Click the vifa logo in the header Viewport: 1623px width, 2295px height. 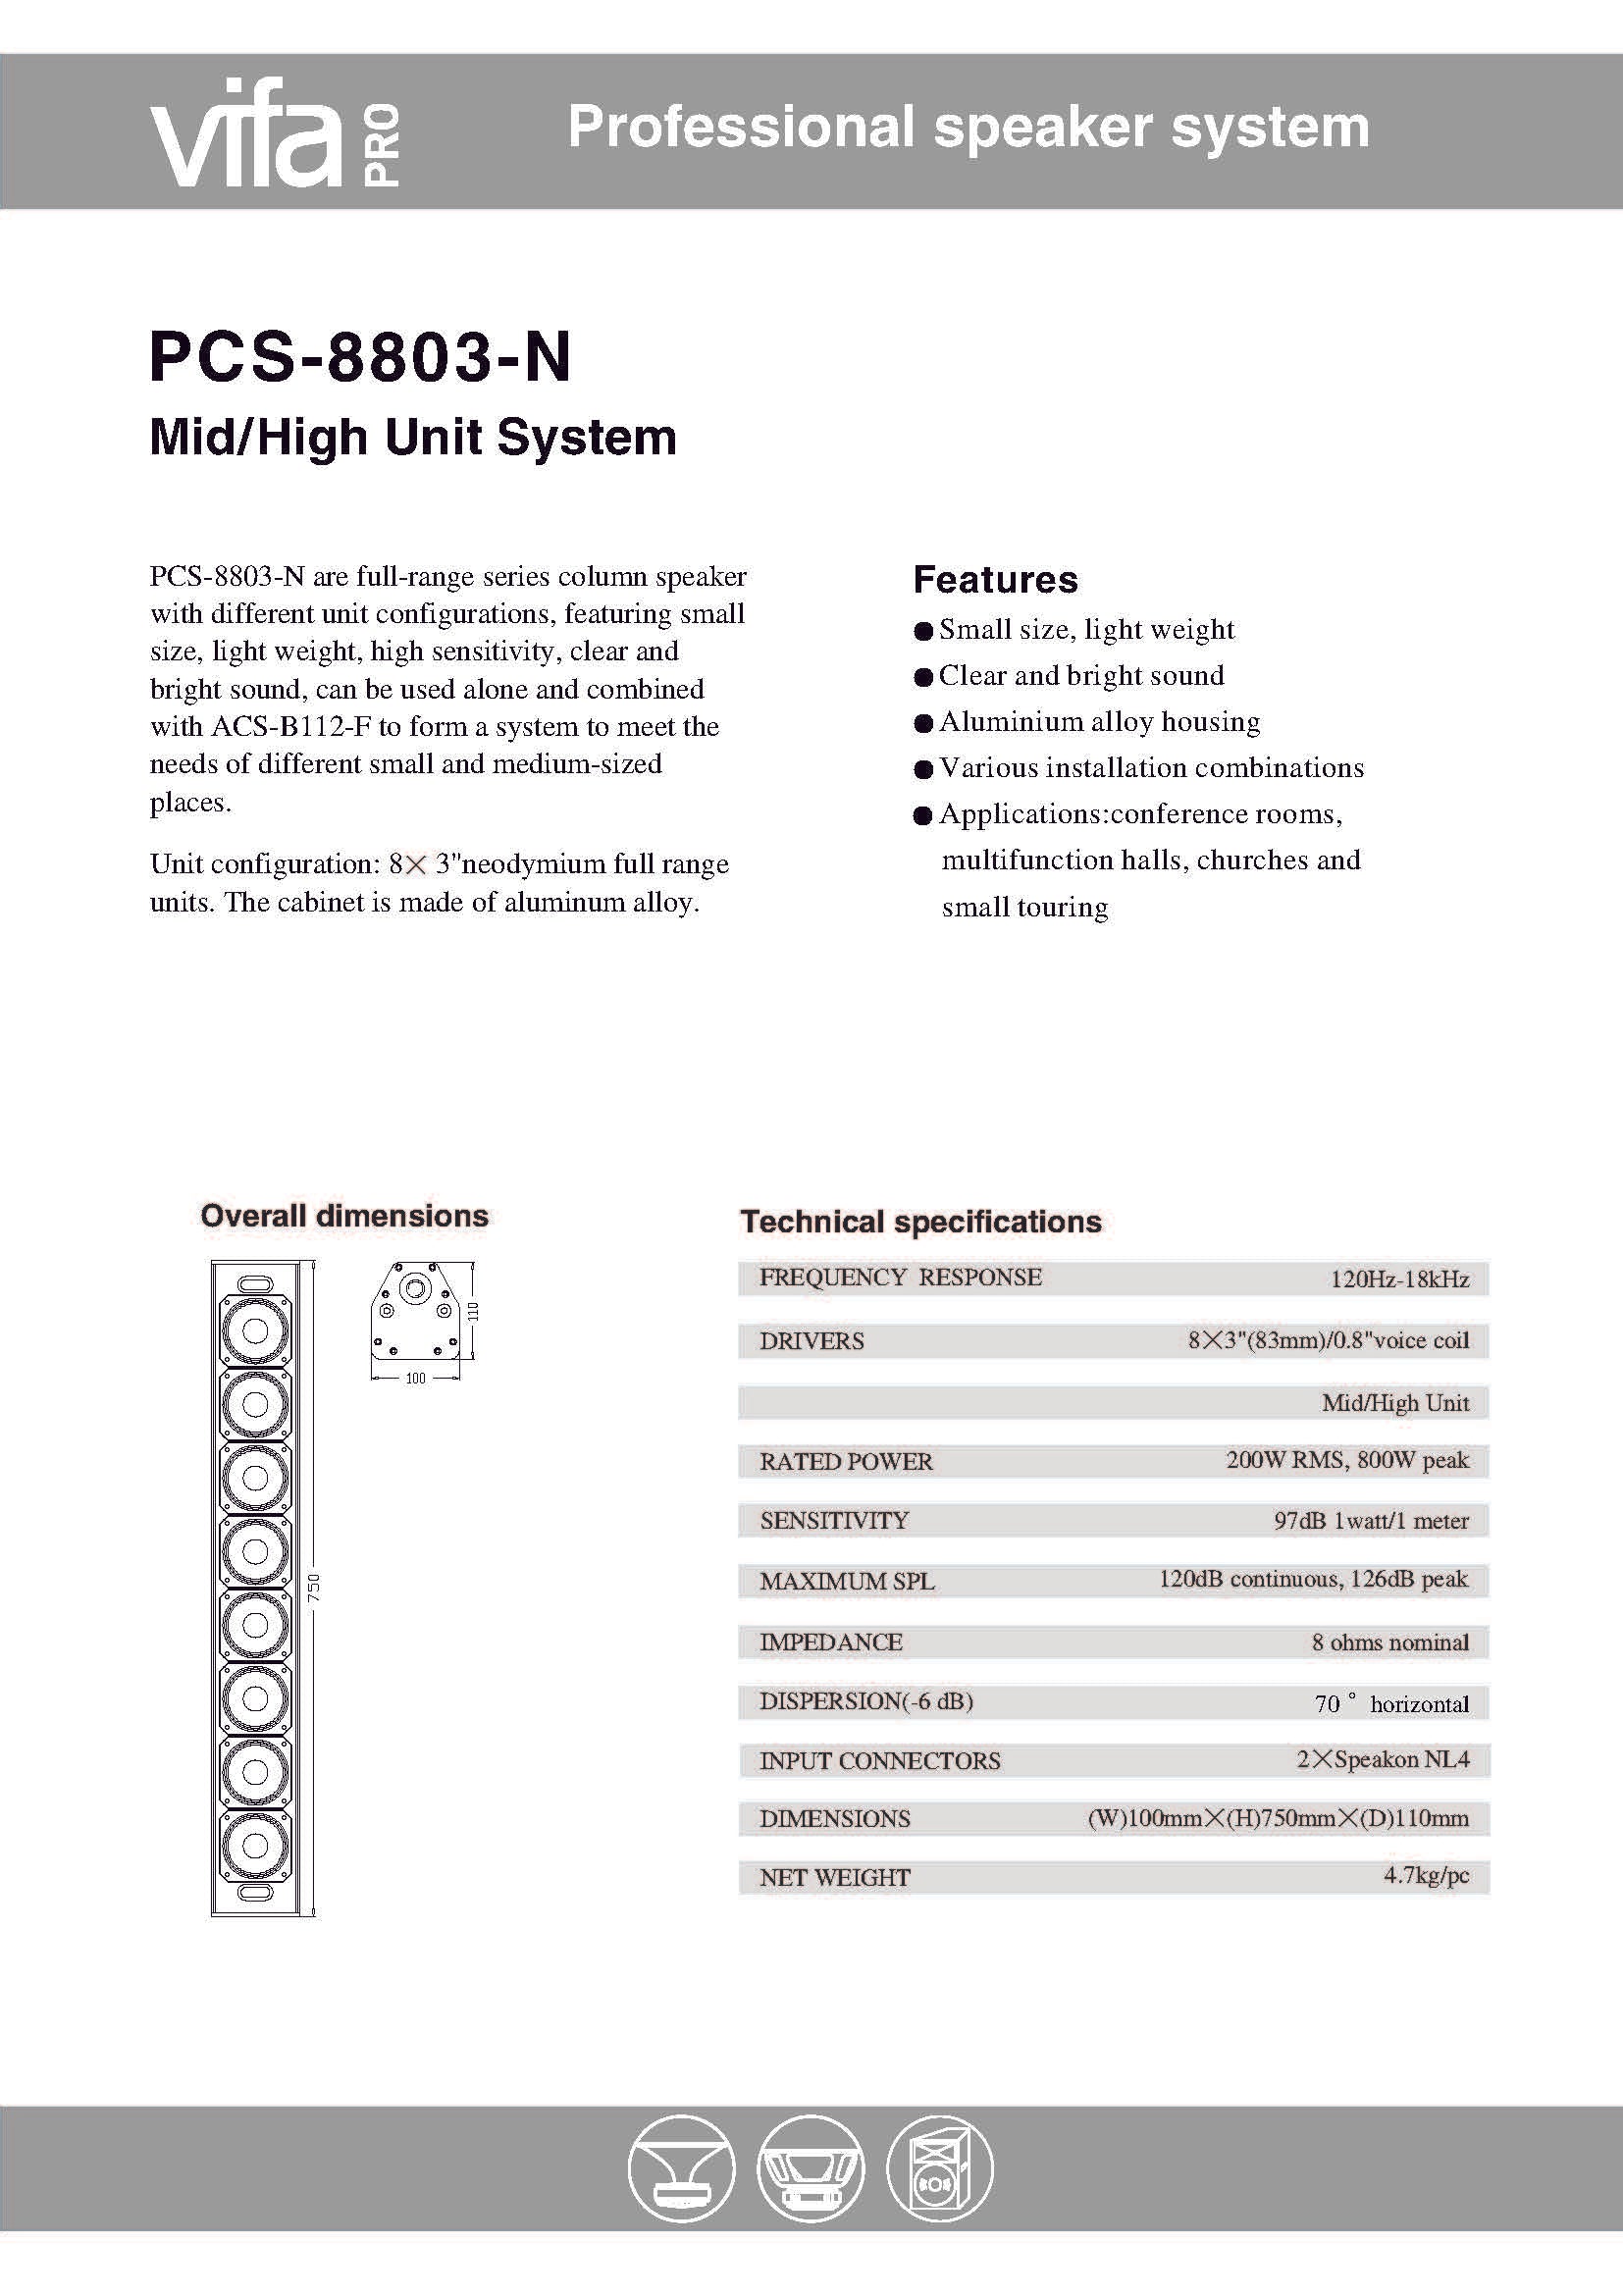point(248,134)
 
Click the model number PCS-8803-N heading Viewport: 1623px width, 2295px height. point(360,357)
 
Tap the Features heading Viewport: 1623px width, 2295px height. point(995,580)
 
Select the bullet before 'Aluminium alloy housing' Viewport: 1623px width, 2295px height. point(922,724)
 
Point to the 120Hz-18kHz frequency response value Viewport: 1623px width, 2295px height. point(1399,1279)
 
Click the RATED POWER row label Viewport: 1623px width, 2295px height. point(846,1461)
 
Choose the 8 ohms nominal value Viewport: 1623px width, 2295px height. point(1390,1643)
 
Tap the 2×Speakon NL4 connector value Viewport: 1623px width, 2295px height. point(1384,1760)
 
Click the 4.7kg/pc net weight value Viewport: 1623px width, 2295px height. point(1426,1875)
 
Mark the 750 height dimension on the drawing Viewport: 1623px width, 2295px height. point(314,1589)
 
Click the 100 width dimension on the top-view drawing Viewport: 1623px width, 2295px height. point(416,1379)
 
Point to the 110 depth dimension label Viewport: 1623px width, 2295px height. point(474,1311)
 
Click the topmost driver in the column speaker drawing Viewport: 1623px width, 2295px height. point(255,1330)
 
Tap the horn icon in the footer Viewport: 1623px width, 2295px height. point(682,2169)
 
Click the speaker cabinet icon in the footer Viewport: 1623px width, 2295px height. point(939,2169)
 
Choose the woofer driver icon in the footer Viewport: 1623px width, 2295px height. point(810,2169)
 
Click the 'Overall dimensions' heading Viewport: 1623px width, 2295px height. point(344,1217)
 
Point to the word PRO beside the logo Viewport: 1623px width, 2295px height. point(382,146)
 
